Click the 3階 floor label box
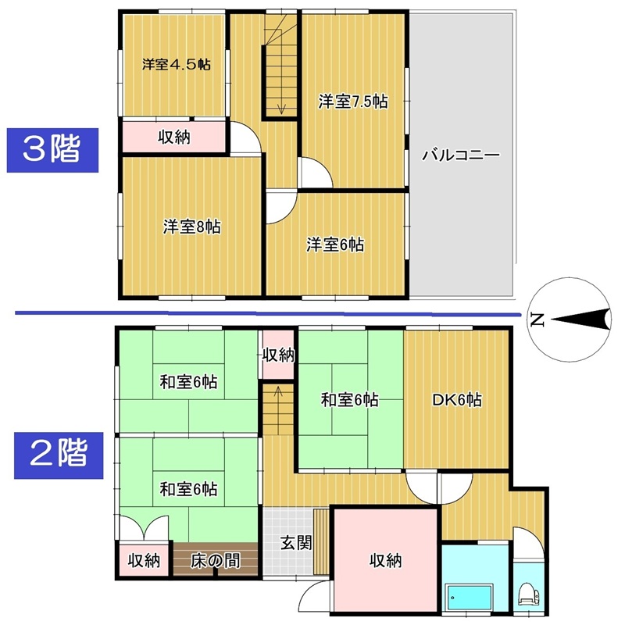point(52,150)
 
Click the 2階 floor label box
point(59,455)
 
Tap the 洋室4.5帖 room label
point(176,65)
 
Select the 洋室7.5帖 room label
point(353,102)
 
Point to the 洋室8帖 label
point(192,227)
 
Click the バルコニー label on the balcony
point(461,155)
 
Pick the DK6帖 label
point(456,400)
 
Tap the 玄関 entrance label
point(296,542)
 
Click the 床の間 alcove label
point(215,561)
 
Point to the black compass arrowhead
point(581,320)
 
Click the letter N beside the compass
point(537,320)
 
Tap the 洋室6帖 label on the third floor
point(335,245)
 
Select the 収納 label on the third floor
point(173,137)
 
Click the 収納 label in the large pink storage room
point(386,560)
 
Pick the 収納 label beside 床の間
point(144,561)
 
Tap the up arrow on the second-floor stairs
point(278,397)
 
